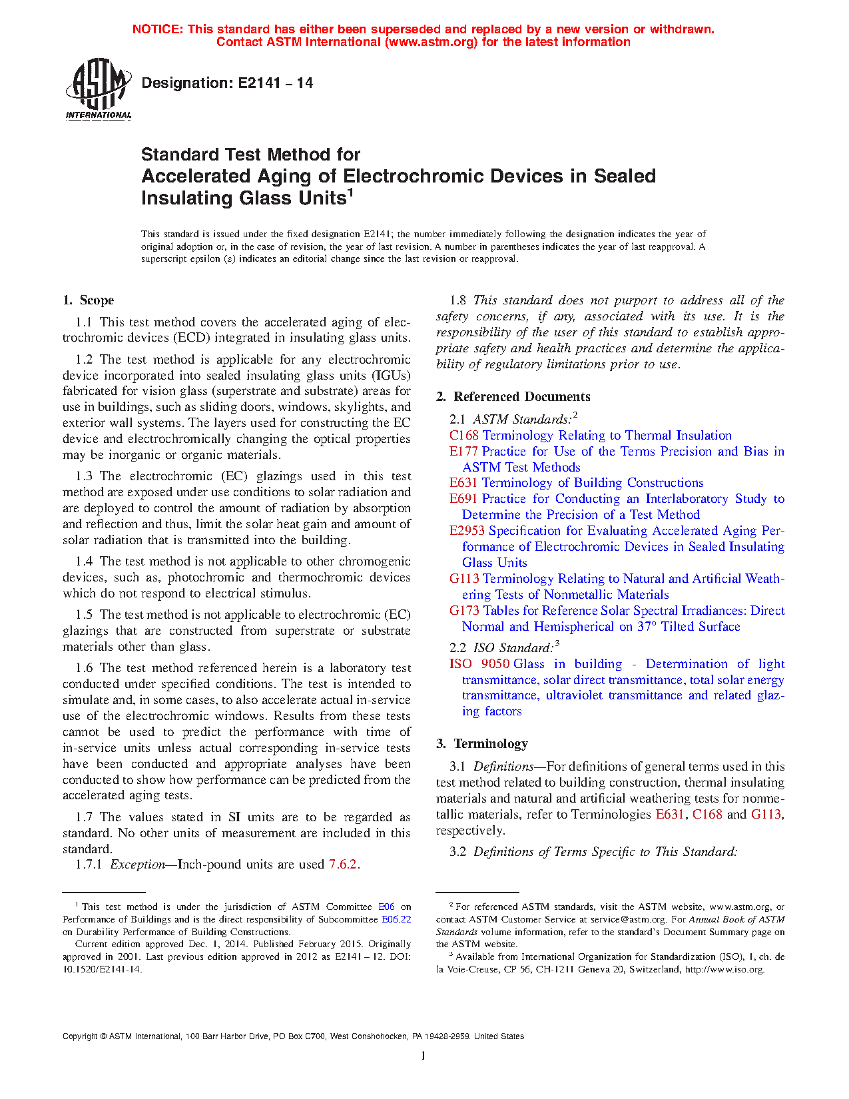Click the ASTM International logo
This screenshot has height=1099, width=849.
click(99, 89)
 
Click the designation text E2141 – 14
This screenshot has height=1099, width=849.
click(227, 83)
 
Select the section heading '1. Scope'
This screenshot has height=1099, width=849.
click(89, 300)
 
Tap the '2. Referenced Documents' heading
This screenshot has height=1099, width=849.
click(513, 397)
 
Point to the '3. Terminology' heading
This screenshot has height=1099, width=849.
click(482, 744)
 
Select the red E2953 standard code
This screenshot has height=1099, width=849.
click(467, 531)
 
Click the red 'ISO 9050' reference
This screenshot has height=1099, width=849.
click(479, 664)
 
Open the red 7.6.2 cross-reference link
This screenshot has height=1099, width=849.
click(343, 865)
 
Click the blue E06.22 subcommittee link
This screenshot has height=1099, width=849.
click(396, 920)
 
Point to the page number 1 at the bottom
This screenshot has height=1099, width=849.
click(424, 1056)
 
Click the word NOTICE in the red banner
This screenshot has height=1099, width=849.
click(158, 29)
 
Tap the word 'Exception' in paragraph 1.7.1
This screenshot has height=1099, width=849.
click(137, 865)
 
